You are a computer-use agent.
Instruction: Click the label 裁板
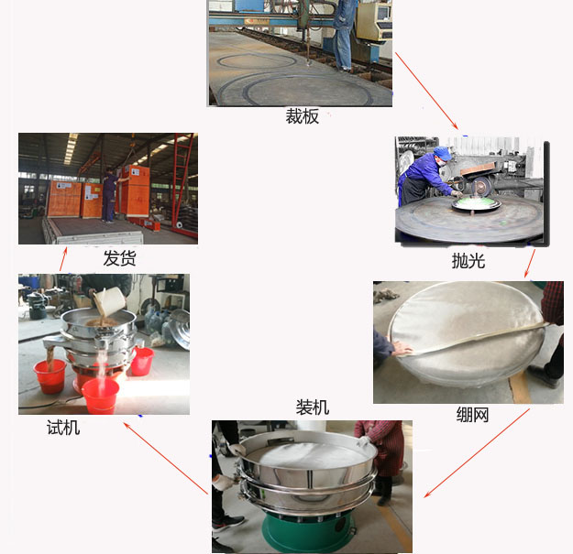(x=302, y=116)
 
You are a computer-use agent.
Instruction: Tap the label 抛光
(x=468, y=262)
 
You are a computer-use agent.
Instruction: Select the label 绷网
(x=473, y=415)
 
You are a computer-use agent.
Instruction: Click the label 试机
(x=63, y=427)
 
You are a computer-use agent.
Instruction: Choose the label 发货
(x=119, y=258)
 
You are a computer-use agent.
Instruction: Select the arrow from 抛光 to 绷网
(x=529, y=263)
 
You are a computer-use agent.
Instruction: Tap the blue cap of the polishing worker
(x=443, y=152)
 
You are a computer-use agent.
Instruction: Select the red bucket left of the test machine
(x=50, y=375)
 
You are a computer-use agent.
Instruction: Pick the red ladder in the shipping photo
(x=181, y=183)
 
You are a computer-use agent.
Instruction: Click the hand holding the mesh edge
(x=401, y=349)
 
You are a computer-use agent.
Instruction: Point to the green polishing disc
(x=475, y=201)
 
